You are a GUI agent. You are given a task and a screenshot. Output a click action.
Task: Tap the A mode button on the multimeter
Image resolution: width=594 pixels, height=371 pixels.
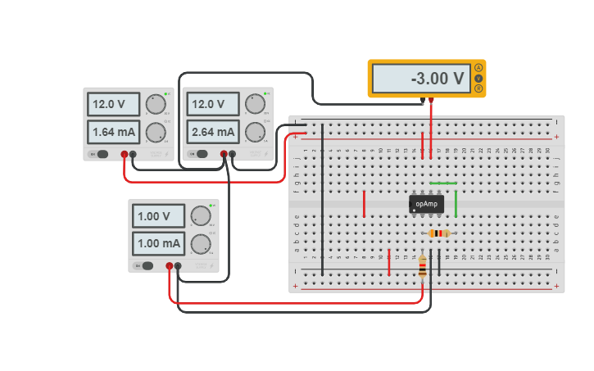click(478, 68)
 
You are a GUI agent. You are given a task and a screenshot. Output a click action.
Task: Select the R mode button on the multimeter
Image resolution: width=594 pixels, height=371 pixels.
click(478, 88)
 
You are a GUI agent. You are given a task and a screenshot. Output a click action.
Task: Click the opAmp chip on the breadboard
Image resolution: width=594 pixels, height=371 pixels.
click(426, 204)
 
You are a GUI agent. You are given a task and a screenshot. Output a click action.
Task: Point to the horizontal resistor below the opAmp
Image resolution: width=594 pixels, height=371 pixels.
click(440, 233)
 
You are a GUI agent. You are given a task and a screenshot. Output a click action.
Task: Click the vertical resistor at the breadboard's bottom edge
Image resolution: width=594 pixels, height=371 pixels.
click(423, 265)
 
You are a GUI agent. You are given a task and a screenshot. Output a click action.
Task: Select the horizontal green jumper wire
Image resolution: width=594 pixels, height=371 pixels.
click(443, 183)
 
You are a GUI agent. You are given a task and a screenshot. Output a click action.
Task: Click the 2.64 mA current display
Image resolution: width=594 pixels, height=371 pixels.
click(213, 131)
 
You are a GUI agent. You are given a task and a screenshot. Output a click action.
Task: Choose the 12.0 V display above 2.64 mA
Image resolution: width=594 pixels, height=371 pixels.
click(213, 104)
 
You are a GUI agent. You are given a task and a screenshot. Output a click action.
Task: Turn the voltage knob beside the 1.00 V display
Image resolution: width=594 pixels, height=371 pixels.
click(201, 216)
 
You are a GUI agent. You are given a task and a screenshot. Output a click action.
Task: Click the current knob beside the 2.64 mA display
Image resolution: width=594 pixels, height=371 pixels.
click(255, 131)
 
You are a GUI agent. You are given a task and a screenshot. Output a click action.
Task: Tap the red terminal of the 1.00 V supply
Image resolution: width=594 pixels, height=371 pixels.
click(170, 265)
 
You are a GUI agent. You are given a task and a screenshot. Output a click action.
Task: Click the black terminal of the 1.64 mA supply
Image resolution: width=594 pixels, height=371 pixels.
click(133, 153)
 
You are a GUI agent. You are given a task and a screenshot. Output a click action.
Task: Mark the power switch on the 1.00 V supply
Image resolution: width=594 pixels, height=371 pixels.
click(147, 265)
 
